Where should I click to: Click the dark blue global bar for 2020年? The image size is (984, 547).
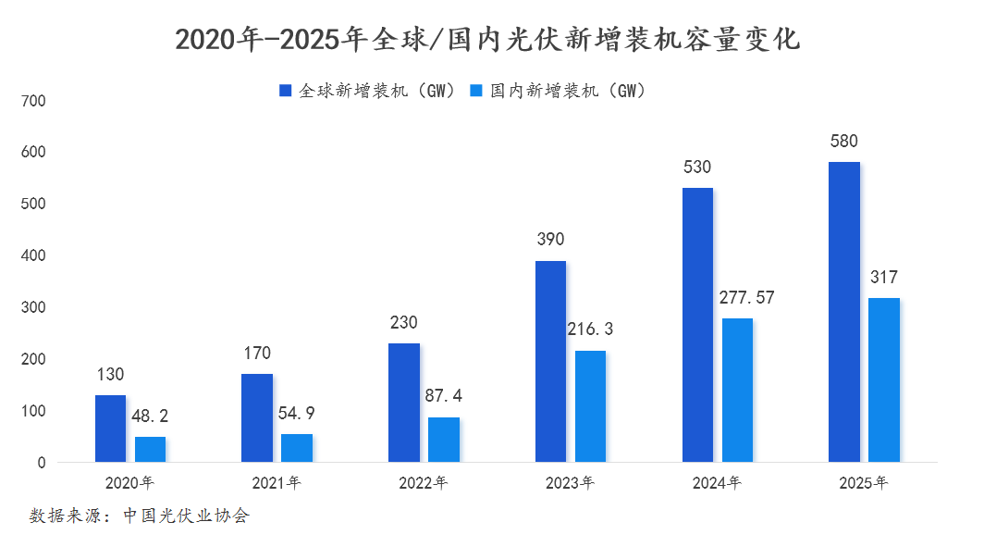click(110, 429)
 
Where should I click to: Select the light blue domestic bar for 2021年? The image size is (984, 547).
click(297, 448)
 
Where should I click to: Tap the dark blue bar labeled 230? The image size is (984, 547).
click(404, 403)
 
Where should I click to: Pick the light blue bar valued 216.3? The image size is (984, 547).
click(591, 406)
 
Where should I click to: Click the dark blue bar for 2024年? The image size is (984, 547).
click(698, 325)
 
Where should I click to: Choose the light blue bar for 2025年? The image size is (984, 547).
click(884, 380)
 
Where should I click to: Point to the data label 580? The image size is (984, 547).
click(844, 142)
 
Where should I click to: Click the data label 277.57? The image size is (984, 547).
click(747, 297)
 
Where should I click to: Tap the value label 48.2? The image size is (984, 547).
click(150, 416)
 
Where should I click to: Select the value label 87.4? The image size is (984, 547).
click(444, 395)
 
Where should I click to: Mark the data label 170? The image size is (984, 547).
click(257, 353)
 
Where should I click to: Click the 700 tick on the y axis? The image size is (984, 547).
click(33, 101)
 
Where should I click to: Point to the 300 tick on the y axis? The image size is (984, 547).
click(33, 307)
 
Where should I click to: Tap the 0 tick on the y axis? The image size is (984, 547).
click(42, 463)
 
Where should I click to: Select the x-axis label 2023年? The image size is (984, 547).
click(570, 483)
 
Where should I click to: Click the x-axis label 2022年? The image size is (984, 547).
click(423, 483)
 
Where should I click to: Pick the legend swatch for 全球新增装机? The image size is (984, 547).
click(286, 91)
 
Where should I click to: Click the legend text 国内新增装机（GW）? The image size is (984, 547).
click(568, 91)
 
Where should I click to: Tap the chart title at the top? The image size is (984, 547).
click(487, 40)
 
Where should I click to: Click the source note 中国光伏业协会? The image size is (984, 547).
click(187, 516)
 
